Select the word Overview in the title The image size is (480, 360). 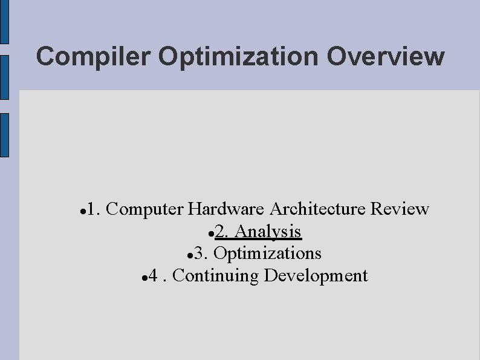(x=385, y=57)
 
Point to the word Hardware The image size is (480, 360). (x=225, y=209)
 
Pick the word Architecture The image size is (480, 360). (x=317, y=209)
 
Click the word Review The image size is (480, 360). (x=400, y=209)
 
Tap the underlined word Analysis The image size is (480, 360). (x=268, y=231)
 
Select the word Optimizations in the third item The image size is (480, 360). (x=267, y=253)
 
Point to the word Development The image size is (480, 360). (x=316, y=276)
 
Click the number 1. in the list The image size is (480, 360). (x=93, y=209)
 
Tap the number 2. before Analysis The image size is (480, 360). (x=222, y=231)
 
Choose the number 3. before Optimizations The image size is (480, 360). (x=201, y=253)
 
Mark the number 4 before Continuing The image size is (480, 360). (x=154, y=276)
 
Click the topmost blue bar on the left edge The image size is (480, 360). (x=4, y=22)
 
